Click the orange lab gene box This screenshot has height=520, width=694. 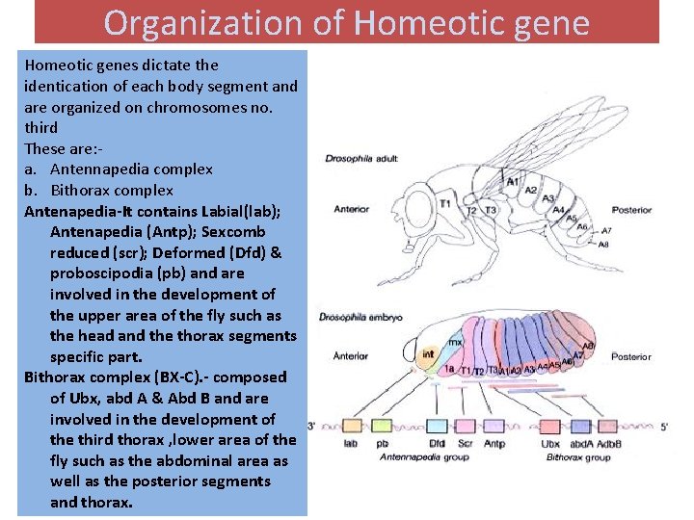pyautogui.click(x=352, y=425)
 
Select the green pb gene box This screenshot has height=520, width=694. pyautogui.click(x=383, y=425)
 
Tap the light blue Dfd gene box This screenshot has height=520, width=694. pyautogui.click(x=438, y=425)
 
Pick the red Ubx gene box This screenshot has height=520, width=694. pyautogui.click(x=550, y=425)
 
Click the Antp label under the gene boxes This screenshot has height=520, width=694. pyautogui.click(x=494, y=444)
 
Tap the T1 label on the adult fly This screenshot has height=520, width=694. pyautogui.click(x=444, y=204)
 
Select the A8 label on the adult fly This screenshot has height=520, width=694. pyautogui.click(x=603, y=245)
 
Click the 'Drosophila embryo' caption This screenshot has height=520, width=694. pyautogui.click(x=360, y=317)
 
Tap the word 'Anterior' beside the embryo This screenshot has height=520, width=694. pyautogui.click(x=351, y=355)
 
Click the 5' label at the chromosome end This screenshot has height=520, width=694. pyautogui.click(x=664, y=426)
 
